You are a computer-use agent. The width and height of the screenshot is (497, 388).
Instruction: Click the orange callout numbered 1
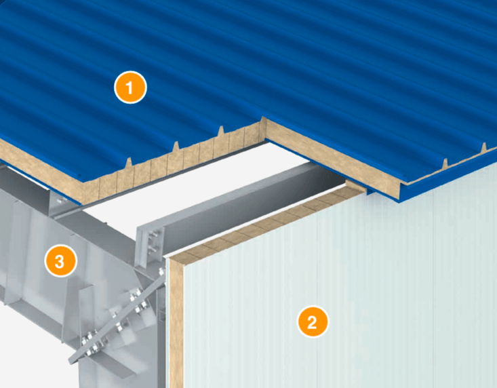pyautogui.click(x=130, y=88)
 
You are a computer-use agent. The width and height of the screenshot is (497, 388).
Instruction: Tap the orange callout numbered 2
pyautogui.click(x=313, y=322)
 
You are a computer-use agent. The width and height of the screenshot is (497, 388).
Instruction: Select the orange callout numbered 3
pyautogui.click(x=60, y=261)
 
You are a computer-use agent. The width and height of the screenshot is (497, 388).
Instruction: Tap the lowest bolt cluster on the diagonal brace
pyautogui.click(x=92, y=343)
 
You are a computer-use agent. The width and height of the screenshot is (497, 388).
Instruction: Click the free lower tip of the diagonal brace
pyautogui.click(x=71, y=362)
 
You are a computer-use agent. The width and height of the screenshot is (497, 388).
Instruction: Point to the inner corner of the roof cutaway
pyautogui.click(x=266, y=140)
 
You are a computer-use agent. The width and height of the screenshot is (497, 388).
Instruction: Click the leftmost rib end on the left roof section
pyautogui.click(x=128, y=163)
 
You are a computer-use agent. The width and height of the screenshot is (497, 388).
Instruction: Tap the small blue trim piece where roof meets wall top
pyautogui.click(x=370, y=191)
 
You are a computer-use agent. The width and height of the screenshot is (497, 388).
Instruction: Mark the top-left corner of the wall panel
pyautogui.click(x=170, y=259)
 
